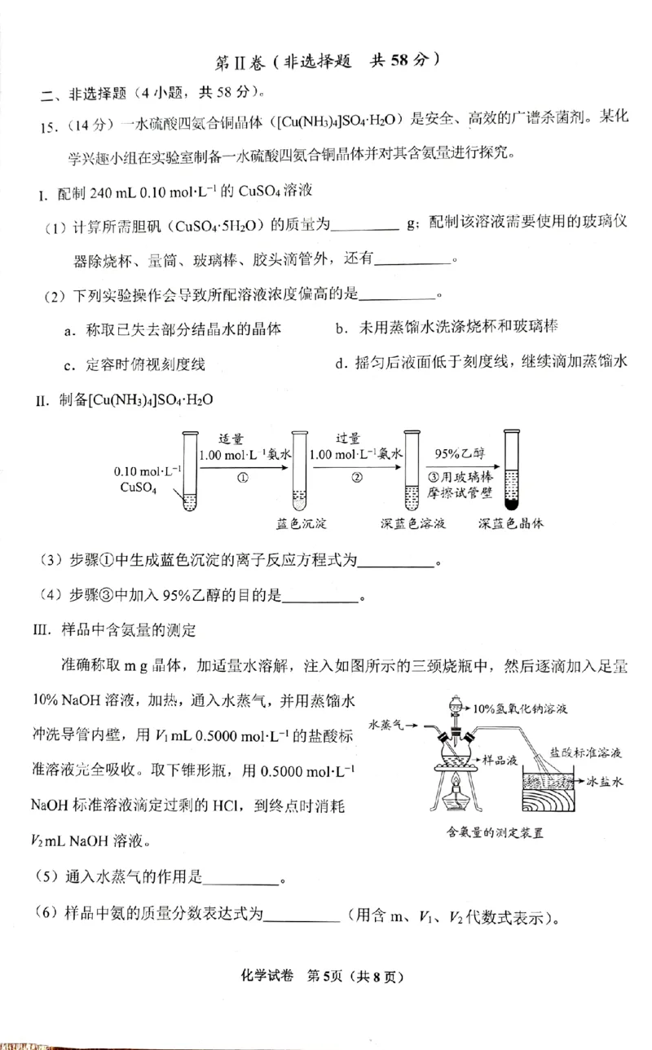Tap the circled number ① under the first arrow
pyautogui.click(x=242, y=479)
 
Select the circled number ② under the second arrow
pyautogui.click(x=356, y=479)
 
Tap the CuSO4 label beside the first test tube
pyautogui.click(x=138, y=488)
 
